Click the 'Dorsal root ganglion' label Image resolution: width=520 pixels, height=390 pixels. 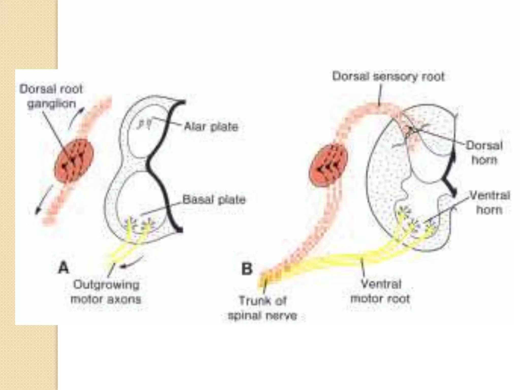click(x=51, y=96)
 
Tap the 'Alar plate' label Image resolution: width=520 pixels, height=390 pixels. click(x=211, y=126)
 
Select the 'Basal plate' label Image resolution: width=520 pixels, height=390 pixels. click(x=214, y=200)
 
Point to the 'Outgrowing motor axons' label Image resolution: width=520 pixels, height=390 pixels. click(x=106, y=292)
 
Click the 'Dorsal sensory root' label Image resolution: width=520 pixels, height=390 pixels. click(x=388, y=77)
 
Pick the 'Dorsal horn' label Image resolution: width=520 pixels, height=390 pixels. click(x=484, y=153)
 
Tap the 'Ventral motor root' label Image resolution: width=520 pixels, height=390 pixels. click(x=380, y=291)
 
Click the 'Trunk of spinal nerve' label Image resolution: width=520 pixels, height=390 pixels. click(x=263, y=308)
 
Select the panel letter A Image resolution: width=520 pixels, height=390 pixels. click(x=63, y=268)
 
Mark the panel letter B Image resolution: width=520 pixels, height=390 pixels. click(x=247, y=269)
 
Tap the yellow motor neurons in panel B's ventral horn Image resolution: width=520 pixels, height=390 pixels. click(x=414, y=221)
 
